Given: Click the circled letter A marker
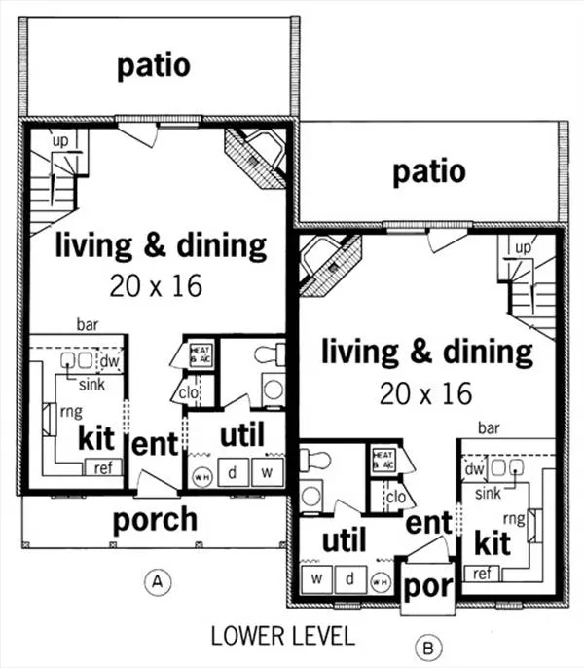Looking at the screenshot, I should click(x=155, y=581).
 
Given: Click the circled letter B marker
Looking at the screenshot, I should click(x=425, y=644).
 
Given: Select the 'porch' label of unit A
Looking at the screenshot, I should click(x=155, y=519).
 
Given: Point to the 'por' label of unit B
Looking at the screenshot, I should click(x=425, y=588).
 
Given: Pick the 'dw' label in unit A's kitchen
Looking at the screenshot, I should click(x=109, y=360).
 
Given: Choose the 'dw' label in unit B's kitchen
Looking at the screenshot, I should click(x=474, y=469).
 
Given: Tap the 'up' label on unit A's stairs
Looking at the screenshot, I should click(x=59, y=141).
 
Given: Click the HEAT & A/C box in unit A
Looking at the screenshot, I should click(x=201, y=355).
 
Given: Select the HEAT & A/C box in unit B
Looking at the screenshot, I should click(x=382, y=463).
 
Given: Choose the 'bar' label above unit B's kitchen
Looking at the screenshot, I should click(x=490, y=427).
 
